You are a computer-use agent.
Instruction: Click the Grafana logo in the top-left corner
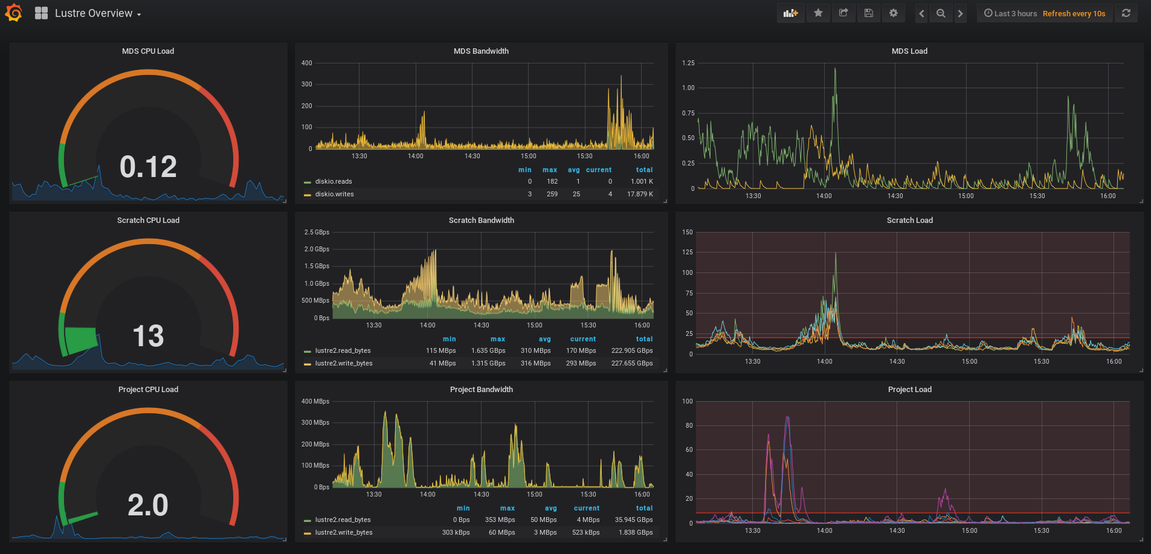pyautogui.click(x=13, y=13)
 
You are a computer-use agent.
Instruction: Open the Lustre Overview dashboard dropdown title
pyautogui.click(x=97, y=13)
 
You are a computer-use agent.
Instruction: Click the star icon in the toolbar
pyautogui.click(x=818, y=13)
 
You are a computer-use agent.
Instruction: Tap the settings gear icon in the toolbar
pyautogui.click(x=893, y=13)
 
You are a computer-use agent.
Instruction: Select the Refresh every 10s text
pyautogui.click(x=1074, y=13)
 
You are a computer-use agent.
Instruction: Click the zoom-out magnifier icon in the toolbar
pyautogui.click(x=941, y=13)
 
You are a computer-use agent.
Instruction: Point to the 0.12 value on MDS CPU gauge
pyautogui.click(x=148, y=167)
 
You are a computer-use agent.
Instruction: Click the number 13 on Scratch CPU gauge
pyautogui.click(x=148, y=336)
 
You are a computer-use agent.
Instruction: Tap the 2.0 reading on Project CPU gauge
pyautogui.click(x=148, y=505)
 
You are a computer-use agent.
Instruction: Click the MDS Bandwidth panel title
pyautogui.click(x=481, y=51)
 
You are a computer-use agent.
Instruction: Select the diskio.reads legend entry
pyautogui.click(x=334, y=181)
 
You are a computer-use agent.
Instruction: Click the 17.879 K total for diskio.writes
pyautogui.click(x=640, y=194)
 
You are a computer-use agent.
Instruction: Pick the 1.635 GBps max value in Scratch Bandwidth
pyautogui.click(x=488, y=350)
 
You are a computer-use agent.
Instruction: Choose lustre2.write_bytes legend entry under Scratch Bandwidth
pyautogui.click(x=343, y=363)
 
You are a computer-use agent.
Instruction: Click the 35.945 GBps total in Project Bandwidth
pyautogui.click(x=633, y=520)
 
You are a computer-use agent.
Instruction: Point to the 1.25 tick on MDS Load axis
pyautogui.click(x=688, y=63)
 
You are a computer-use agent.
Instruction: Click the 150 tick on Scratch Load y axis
pyautogui.click(x=688, y=232)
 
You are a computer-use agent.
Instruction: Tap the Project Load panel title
pyautogui.click(x=909, y=390)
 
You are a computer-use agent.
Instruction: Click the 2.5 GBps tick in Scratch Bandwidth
pyautogui.click(x=317, y=232)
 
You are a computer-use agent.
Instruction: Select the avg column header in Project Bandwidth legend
pyautogui.click(x=550, y=508)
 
